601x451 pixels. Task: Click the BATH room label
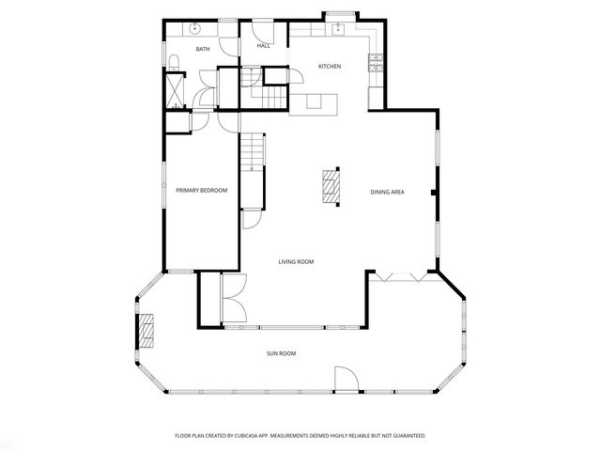[202, 49]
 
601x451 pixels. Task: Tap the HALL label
[264, 45]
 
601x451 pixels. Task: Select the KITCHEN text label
[329, 66]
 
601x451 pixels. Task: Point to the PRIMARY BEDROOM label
[202, 191]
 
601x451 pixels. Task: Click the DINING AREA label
[387, 192]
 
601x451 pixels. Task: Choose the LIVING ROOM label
[296, 261]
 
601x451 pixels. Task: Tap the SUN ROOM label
[282, 353]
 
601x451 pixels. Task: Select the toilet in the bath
[175, 63]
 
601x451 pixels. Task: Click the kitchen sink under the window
[337, 27]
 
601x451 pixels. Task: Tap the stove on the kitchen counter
[376, 64]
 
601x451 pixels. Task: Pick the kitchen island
[314, 102]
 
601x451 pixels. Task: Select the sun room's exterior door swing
[347, 381]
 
